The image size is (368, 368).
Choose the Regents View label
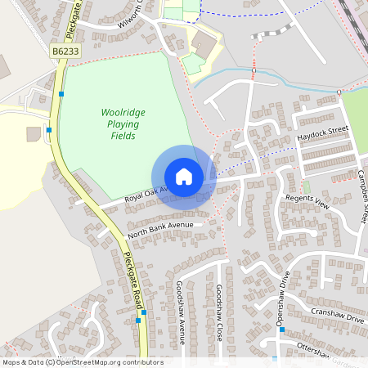tap(307, 201)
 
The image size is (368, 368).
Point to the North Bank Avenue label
tap(162, 230)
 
